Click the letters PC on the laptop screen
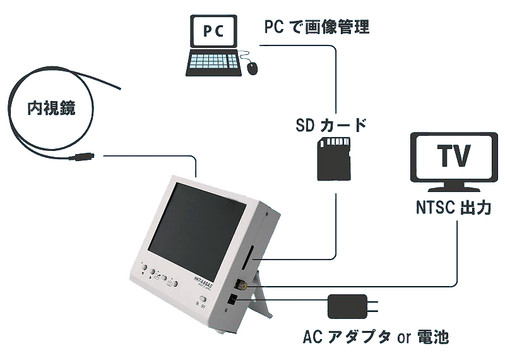click(215, 32)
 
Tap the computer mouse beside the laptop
click(252, 67)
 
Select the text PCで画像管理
click(316, 27)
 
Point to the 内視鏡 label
click(51, 108)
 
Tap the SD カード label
click(330, 124)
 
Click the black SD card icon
click(333, 159)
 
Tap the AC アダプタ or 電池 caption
click(376, 337)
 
